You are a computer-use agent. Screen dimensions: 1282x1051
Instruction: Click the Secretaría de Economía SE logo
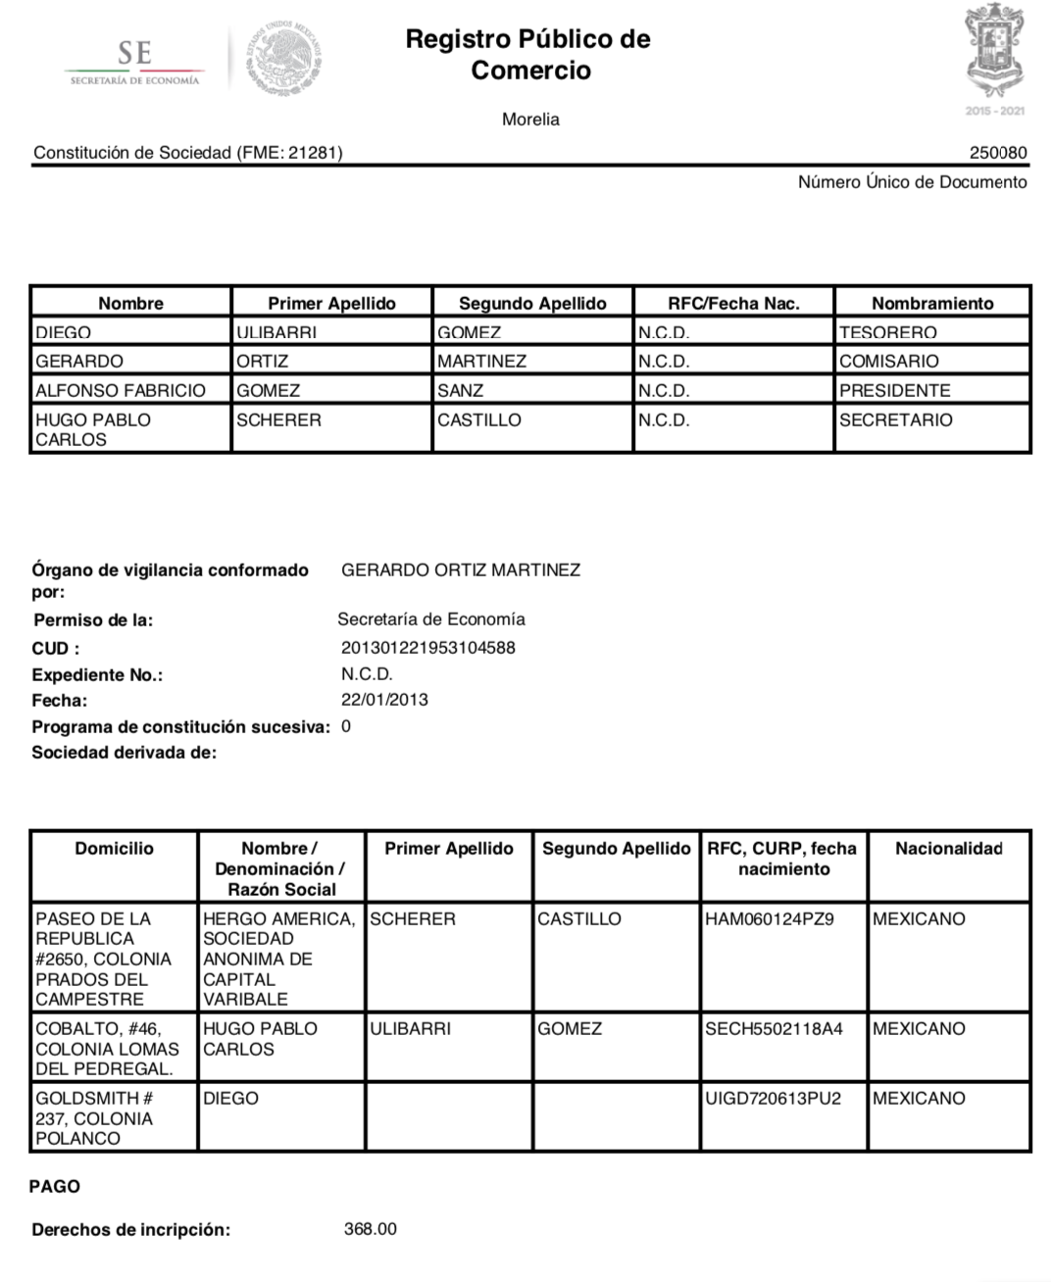click(134, 62)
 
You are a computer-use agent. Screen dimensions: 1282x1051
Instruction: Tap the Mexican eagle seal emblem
click(284, 57)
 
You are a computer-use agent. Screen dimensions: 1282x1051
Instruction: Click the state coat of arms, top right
click(994, 51)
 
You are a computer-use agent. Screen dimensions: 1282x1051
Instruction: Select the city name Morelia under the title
click(530, 120)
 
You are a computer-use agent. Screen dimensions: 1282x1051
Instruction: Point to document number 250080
click(998, 153)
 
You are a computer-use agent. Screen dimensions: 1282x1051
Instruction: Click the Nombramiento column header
click(932, 303)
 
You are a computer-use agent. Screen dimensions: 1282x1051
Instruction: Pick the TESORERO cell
click(888, 333)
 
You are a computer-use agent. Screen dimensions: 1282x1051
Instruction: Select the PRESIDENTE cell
click(895, 390)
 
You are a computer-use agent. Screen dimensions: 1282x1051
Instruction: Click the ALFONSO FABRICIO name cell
click(121, 390)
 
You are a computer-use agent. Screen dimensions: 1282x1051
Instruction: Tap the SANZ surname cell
click(461, 390)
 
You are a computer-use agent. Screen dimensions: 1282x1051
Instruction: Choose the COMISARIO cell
click(889, 361)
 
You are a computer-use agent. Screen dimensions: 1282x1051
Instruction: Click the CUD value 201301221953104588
click(428, 648)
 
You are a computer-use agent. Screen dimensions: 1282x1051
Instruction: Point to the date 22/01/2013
click(384, 700)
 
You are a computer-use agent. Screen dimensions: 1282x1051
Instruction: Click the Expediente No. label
click(97, 675)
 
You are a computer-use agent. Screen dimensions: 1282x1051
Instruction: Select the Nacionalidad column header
click(949, 849)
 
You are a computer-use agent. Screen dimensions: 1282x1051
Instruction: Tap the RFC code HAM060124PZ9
click(770, 919)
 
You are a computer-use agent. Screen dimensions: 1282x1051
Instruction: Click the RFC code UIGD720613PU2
click(774, 1099)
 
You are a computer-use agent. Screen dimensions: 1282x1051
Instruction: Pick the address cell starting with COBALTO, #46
click(105, 1048)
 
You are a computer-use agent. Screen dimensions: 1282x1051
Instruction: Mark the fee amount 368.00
click(371, 1229)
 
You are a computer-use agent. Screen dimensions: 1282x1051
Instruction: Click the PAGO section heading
click(55, 1186)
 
